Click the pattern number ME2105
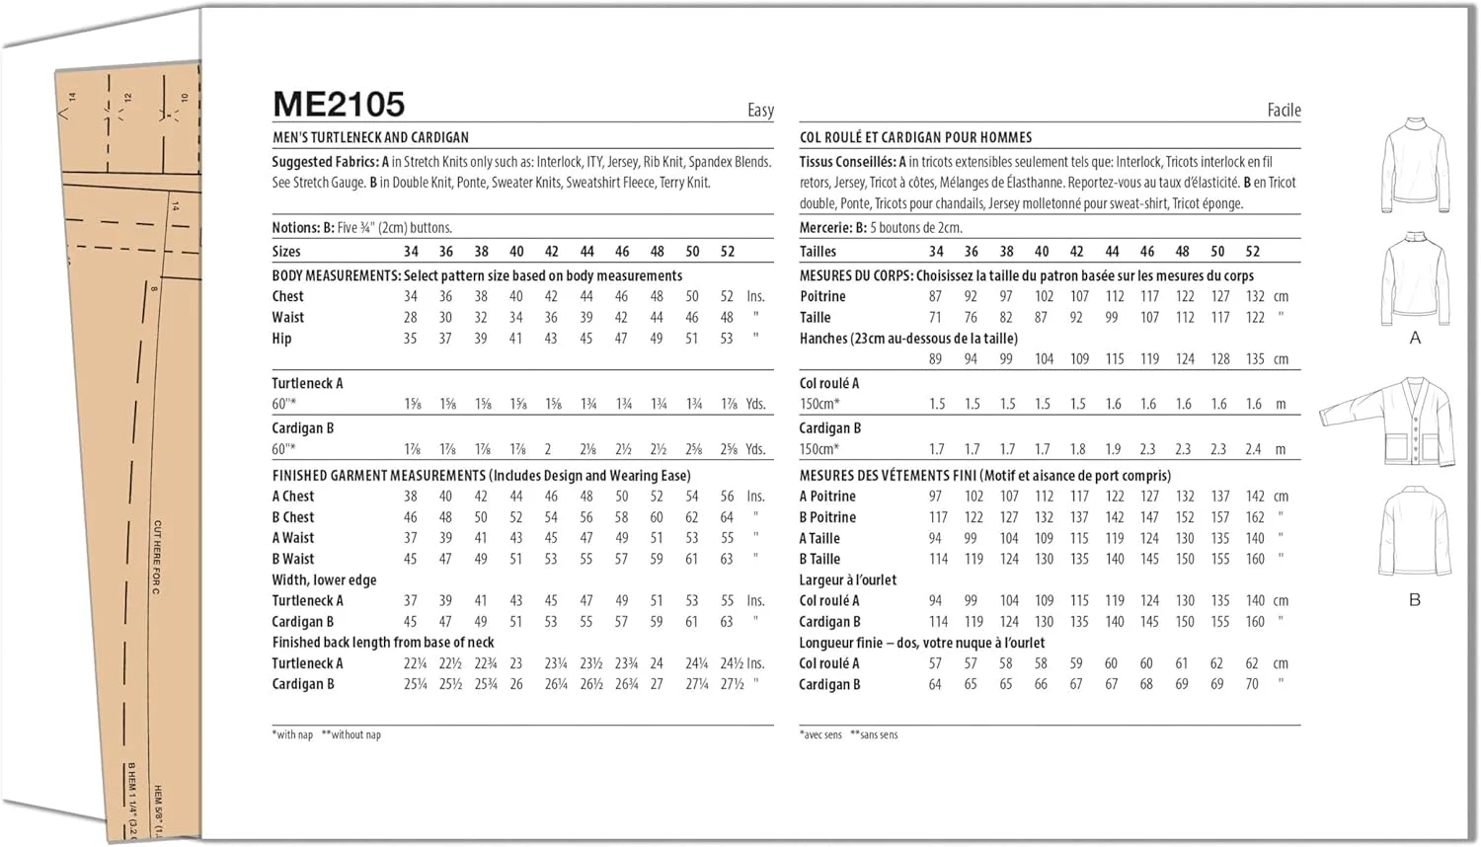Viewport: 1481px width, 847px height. click(x=339, y=105)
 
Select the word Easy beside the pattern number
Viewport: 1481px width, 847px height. click(x=760, y=111)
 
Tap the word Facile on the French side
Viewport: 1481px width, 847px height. click(x=1284, y=111)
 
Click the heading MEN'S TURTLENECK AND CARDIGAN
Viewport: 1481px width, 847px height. click(x=370, y=138)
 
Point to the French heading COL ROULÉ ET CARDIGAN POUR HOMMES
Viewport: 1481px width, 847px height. click(x=915, y=138)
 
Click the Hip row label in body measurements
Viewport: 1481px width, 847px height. click(x=281, y=339)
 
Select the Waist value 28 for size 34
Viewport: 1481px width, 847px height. click(x=411, y=318)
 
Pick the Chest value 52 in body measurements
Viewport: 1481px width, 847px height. click(x=727, y=296)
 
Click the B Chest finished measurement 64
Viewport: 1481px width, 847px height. click(x=727, y=517)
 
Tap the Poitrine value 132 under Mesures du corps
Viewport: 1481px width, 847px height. click(x=1255, y=296)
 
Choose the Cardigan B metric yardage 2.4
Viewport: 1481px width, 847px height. click(x=1253, y=449)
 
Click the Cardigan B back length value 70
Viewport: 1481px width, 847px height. click(x=1252, y=684)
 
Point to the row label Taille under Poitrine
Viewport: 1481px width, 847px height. click(x=815, y=318)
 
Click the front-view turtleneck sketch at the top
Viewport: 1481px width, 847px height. click(x=1415, y=165)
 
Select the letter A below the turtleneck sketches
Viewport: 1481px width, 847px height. click(x=1415, y=339)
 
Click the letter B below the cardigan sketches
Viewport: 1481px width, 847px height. click(x=1415, y=600)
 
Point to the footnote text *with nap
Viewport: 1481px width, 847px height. click(x=293, y=734)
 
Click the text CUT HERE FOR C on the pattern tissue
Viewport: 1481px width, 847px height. click(x=157, y=558)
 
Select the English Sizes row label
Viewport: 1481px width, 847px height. click(x=286, y=252)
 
